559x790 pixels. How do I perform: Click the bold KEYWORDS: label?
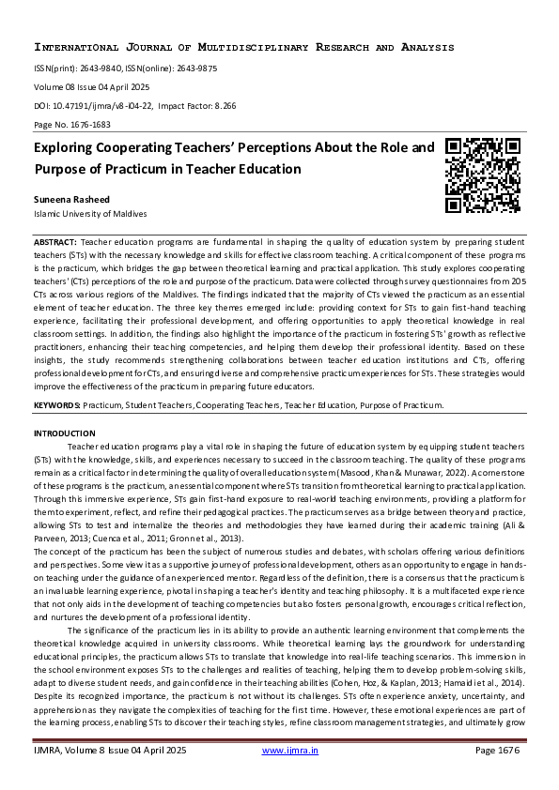coord(57,404)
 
